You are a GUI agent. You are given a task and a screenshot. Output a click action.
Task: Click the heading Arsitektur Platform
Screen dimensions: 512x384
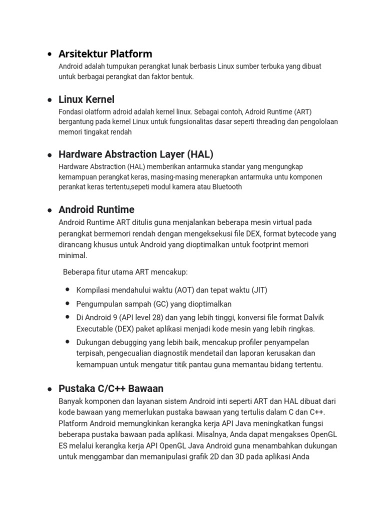click(x=105, y=53)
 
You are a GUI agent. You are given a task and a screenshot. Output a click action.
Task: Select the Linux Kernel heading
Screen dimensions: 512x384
click(x=86, y=99)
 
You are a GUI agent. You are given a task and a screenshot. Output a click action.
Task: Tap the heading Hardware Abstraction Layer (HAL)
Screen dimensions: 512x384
click(x=136, y=154)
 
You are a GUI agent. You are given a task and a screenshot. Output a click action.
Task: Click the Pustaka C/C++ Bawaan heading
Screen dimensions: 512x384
click(x=111, y=388)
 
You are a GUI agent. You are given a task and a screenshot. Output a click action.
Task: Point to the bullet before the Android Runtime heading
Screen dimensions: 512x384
click(x=49, y=210)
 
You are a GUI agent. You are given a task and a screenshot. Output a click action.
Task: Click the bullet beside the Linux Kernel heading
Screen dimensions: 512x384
click(x=49, y=100)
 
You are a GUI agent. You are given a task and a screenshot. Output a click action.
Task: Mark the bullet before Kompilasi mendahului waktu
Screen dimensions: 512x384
click(x=67, y=290)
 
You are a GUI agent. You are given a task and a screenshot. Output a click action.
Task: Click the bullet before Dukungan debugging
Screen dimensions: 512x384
click(x=67, y=342)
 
